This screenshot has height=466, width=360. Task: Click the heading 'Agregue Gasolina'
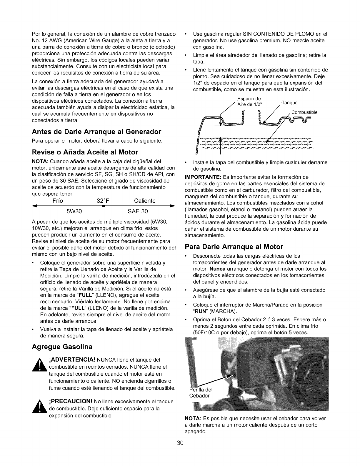(62, 347)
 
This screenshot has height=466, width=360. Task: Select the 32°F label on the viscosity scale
(103, 201)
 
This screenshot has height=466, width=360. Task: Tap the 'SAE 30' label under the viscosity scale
(138, 211)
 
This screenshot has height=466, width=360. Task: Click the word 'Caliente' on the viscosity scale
(145, 201)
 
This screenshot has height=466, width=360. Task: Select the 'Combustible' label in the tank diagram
(304, 112)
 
